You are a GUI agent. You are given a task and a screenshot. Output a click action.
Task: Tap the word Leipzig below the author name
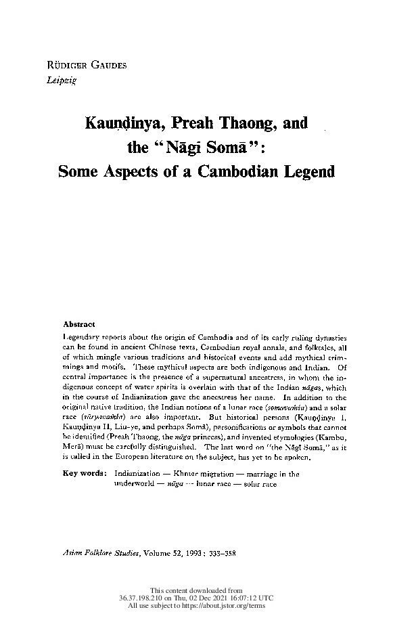point(56,79)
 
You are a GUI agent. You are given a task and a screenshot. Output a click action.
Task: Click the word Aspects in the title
point(135,171)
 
